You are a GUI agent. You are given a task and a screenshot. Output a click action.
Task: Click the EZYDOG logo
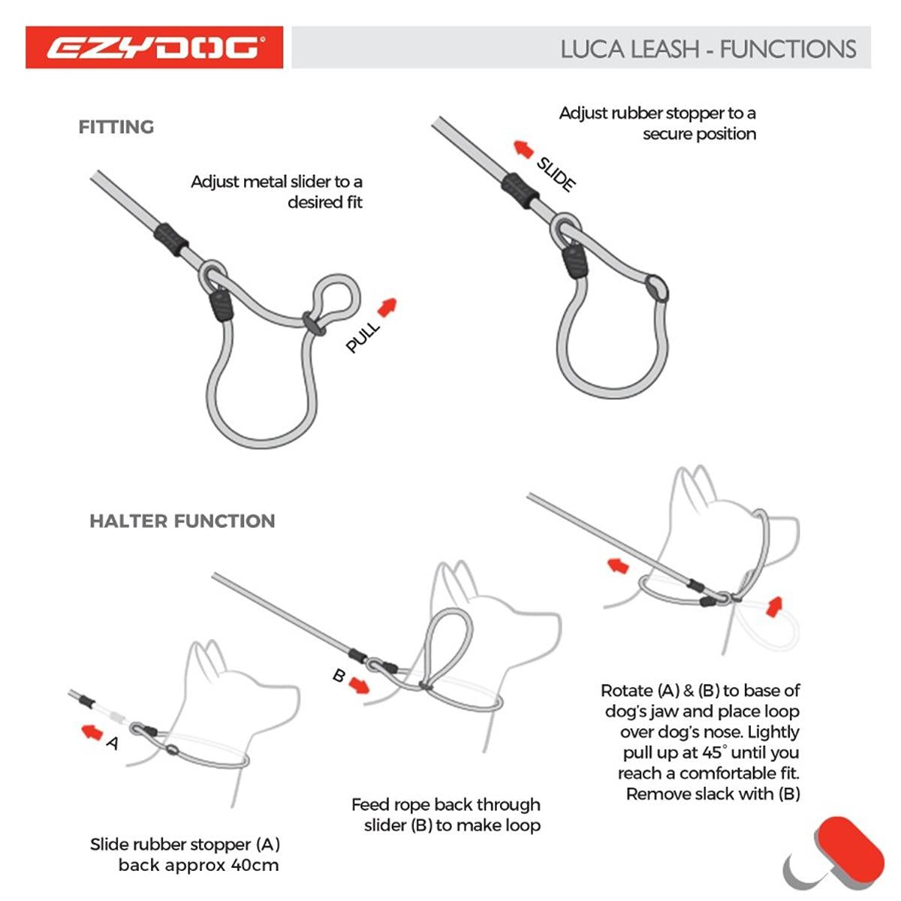154,48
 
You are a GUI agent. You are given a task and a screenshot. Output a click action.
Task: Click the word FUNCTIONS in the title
788,50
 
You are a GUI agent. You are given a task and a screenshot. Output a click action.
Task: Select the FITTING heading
116,127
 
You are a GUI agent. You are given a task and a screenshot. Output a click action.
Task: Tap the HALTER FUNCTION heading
182,521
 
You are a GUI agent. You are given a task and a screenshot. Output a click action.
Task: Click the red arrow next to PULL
387,307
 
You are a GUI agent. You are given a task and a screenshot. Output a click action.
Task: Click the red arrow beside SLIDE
523,149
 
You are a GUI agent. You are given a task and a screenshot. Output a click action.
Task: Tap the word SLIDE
556,174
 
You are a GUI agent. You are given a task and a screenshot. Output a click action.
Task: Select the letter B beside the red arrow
339,677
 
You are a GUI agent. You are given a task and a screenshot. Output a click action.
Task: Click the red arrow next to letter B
360,686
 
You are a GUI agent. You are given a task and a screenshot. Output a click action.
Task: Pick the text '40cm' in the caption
255,865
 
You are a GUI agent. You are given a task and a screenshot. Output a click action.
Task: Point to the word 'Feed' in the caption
370,805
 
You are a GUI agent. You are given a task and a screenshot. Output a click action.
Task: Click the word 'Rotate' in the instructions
626,691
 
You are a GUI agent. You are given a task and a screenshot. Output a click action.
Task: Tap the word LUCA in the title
593,50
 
